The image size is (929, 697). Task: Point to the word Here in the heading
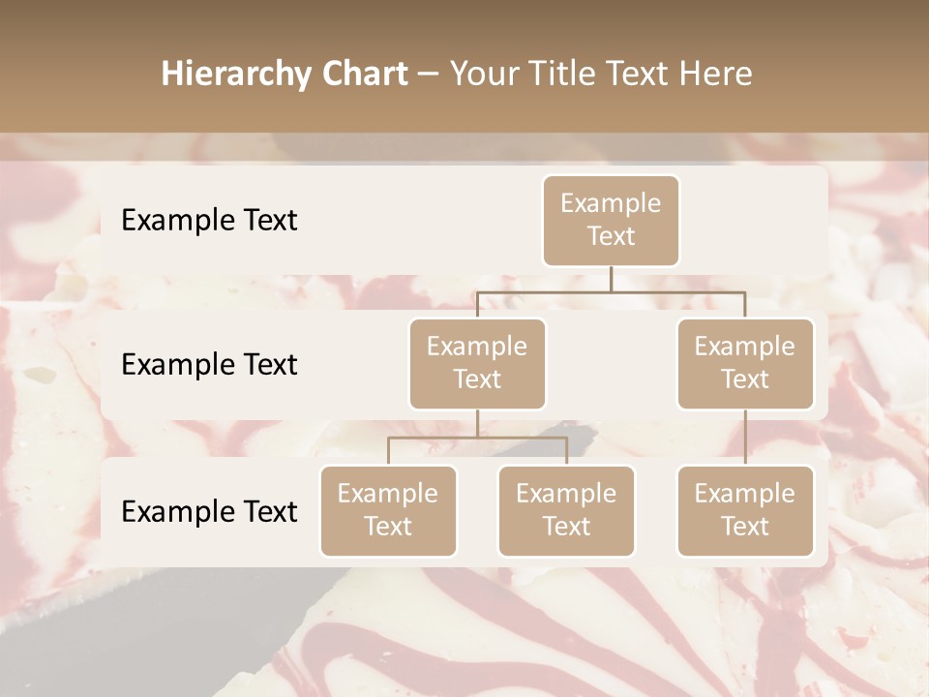coord(716,74)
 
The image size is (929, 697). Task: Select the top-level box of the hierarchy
coord(611,221)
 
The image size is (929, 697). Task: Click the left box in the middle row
coord(477,363)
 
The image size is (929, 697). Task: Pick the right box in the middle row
coord(745,363)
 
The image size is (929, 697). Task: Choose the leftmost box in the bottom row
coord(388,510)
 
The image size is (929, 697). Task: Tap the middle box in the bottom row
coord(566,510)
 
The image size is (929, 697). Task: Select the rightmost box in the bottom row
coord(745,510)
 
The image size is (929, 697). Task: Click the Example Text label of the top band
coord(209,220)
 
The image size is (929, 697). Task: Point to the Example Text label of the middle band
coord(209,364)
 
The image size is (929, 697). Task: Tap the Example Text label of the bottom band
coord(209,511)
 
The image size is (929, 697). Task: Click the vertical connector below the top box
coord(611,279)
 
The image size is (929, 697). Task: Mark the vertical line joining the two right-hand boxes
coord(745,438)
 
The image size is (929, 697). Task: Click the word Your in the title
coord(483,75)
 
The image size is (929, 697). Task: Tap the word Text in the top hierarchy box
coord(611,236)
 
